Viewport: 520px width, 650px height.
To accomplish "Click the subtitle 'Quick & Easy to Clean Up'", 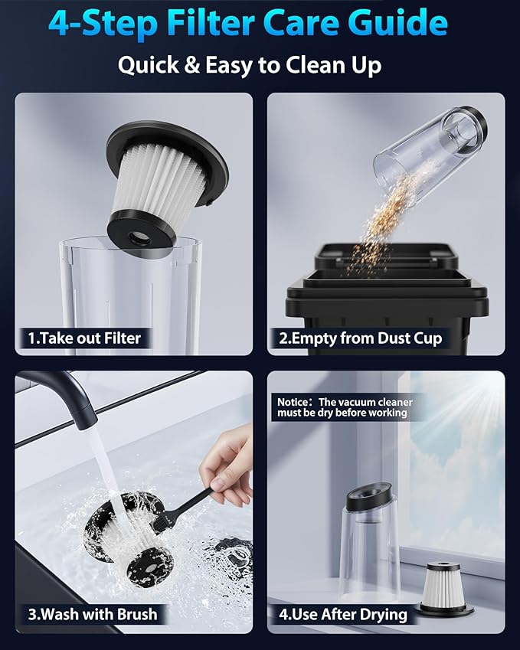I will pyautogui.click(x=249, y=65).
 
